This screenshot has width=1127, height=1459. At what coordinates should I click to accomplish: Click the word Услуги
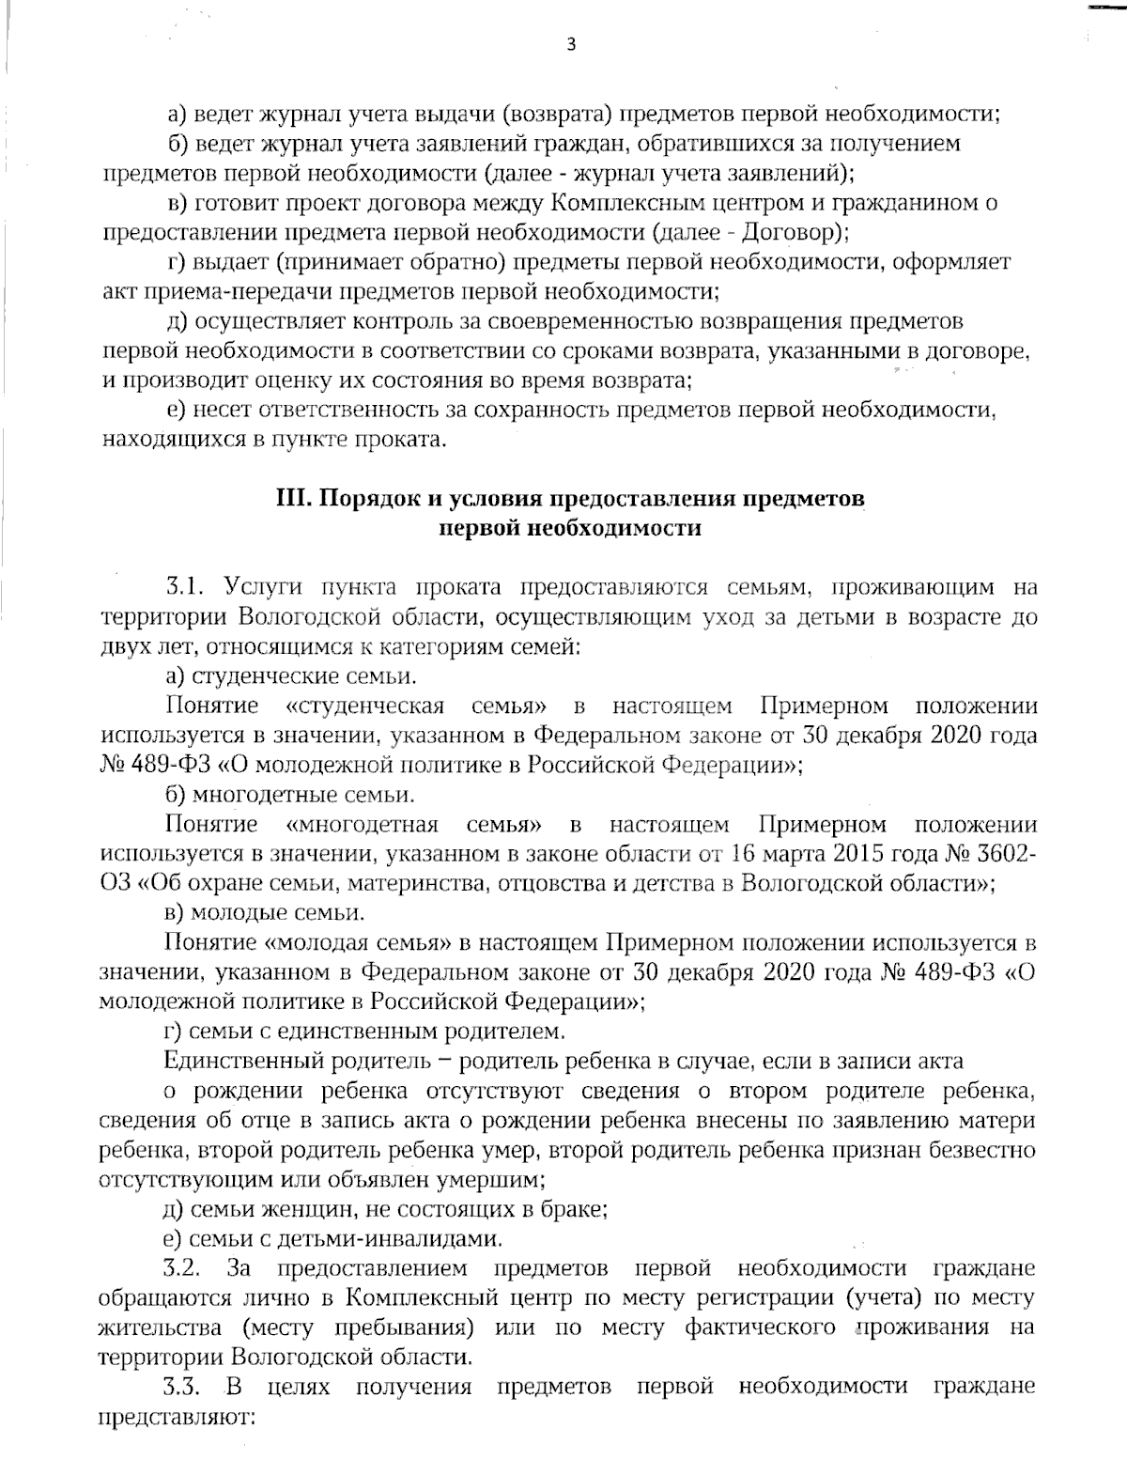[x=262, y=587]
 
